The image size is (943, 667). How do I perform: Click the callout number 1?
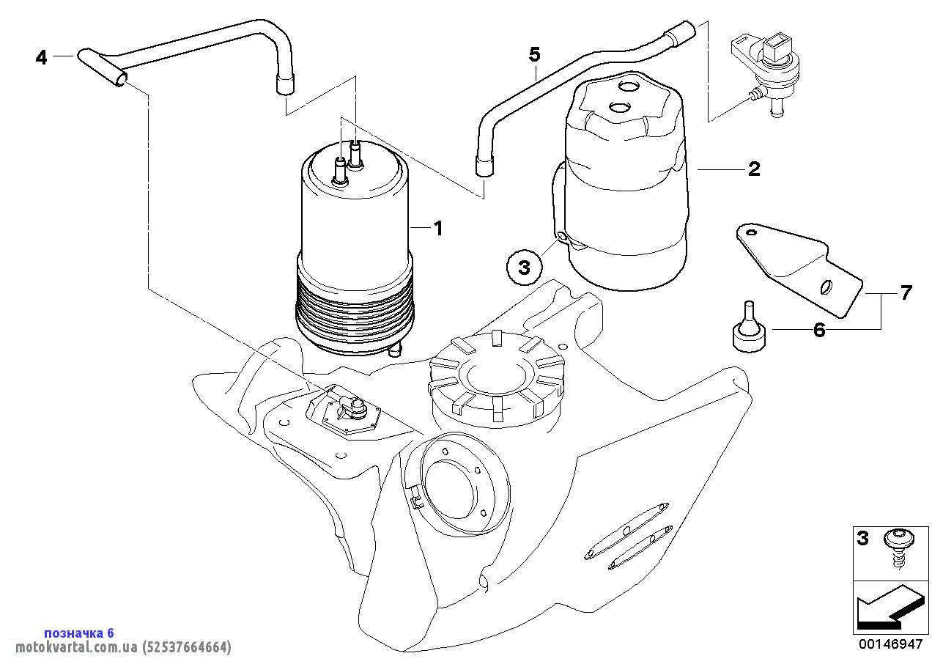tap(438, 229)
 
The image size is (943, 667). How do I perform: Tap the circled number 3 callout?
tap(524, 268)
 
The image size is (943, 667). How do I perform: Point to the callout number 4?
tap(41, 57)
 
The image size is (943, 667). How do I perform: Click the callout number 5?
tap(534, 54)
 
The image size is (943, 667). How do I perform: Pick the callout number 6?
tap(819, 331)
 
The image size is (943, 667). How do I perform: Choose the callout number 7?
tap(906, 293)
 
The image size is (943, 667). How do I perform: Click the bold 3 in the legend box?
tap(863, 539)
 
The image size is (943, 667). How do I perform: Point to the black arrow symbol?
tap(887, 608)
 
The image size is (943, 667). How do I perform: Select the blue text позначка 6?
tap(79, 633)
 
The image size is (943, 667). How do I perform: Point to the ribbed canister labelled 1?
tap(355, 257)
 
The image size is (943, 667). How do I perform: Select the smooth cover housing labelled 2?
tap(626, 183)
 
